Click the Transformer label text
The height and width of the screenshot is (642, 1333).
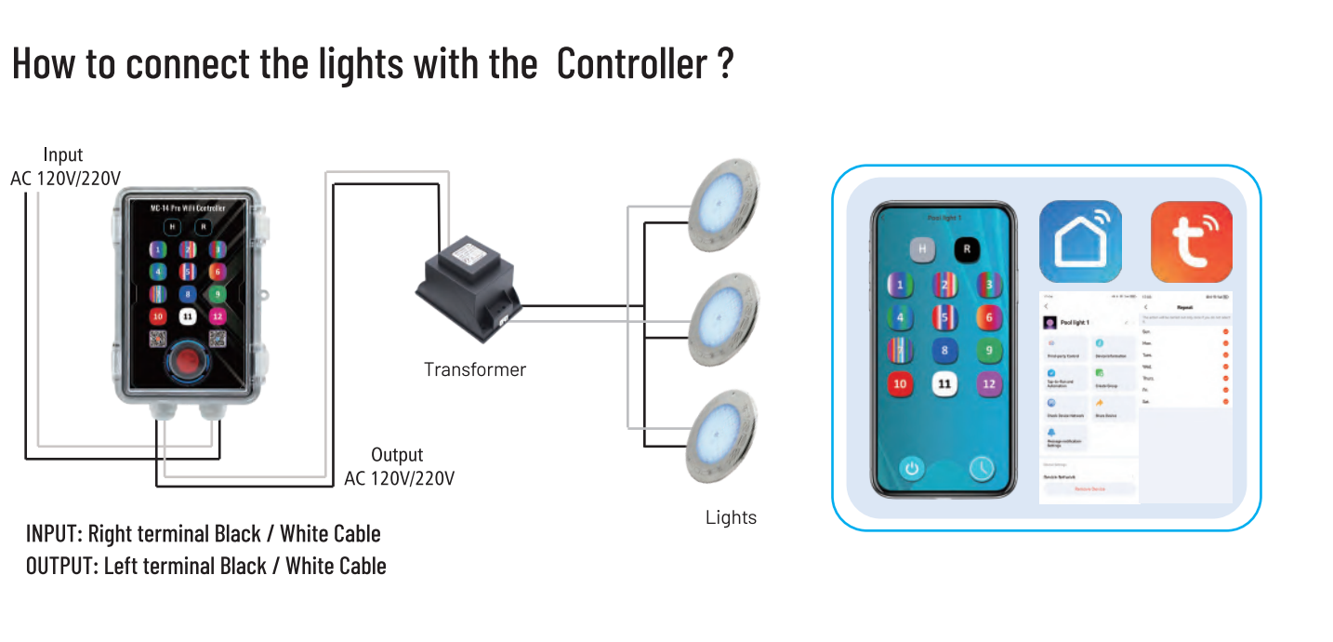474,369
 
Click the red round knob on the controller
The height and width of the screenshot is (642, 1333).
187,361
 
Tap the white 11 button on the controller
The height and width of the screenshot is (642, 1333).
188,316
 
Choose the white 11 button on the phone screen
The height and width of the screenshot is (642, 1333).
945,383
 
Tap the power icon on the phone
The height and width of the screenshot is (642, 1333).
911,468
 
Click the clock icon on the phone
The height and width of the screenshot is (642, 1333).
982,468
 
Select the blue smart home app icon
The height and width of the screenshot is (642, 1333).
1079,240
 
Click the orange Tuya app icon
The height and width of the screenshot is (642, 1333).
1191,241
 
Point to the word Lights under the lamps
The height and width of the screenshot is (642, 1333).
731,517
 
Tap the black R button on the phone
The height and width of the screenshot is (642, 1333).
967,248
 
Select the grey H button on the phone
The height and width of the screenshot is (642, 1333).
922,248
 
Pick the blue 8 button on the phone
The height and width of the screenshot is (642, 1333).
945,351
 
